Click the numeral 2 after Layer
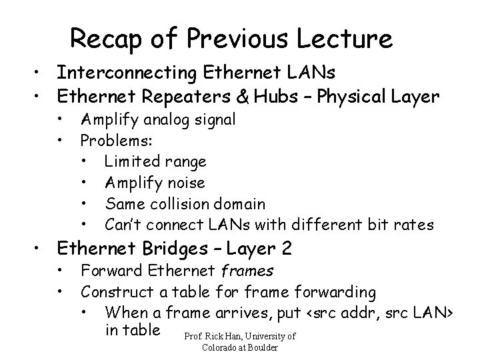pos(287,250)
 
